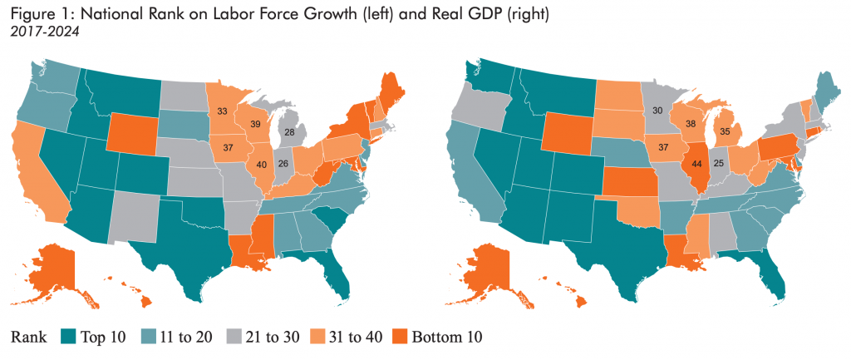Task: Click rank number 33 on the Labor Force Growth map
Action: pyautogui.click(x=223, y=111)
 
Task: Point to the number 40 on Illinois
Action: pyautogui.click(x=263, y=164)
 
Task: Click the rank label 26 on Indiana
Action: pyautogui.click(x=283, y=164)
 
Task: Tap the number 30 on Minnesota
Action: pyautogui.click(x=657, y=111)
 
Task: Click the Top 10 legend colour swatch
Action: pyautogui.click(x=70, y=337)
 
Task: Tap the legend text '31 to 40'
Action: pyautogui.click(x=347, y=337)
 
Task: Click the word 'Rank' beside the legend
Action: pyautogui.click(x=30, y=337)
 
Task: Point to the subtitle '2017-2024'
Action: pyautogui.click(x=37, y=32)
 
